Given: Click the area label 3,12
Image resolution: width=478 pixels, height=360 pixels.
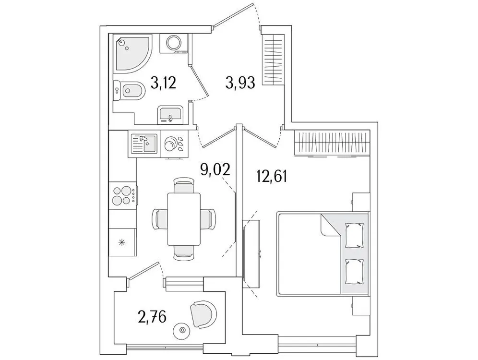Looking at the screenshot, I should click(164, 84).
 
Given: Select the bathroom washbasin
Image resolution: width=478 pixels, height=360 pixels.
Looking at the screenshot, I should click(169, 115).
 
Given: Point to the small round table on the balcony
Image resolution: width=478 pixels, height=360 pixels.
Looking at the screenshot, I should click(182, 330).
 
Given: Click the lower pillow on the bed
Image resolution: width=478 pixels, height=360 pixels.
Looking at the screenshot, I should click(355, 271).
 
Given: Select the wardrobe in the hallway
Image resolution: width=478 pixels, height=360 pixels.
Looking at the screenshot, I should click(273, 60).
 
